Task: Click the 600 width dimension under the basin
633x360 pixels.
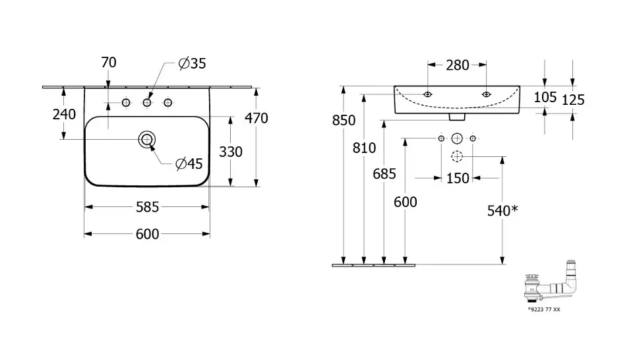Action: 148,234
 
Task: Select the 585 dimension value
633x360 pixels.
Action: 148,207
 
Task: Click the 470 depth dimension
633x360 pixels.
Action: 256,119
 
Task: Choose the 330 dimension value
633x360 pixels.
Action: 231,152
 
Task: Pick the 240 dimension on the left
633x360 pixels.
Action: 64,114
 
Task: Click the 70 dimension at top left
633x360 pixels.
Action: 109,63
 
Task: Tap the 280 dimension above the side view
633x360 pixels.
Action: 457,65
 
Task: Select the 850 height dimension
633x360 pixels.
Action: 344,121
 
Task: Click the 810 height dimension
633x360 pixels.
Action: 364,148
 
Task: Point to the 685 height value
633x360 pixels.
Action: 384,174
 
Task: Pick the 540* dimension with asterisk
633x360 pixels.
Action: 502,211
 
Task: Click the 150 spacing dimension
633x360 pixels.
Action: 458,178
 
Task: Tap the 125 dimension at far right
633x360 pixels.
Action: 573,100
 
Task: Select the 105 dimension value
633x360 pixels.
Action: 545,98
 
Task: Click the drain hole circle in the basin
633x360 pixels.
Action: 147,139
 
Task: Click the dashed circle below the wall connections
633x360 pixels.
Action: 457,157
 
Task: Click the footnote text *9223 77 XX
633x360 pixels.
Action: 545,309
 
